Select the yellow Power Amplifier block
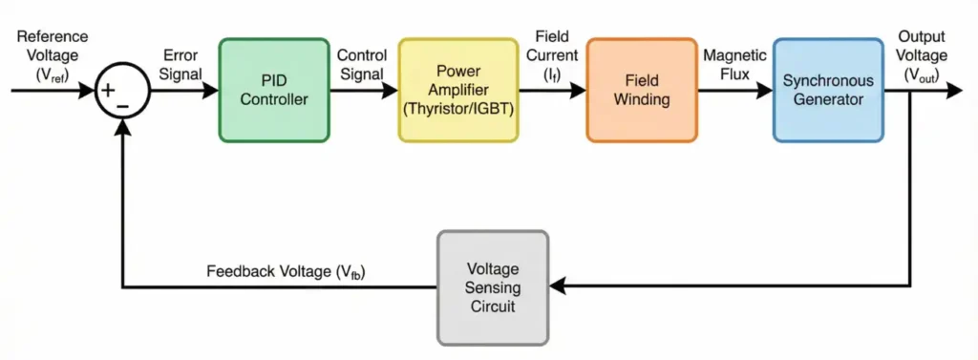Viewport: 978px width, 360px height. click(x=457, y=90)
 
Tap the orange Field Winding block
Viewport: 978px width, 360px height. click(x=641, y=90)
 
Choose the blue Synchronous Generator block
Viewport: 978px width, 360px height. click(x=827, y=90)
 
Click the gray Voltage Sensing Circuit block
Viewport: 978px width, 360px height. click(x=493, y=286)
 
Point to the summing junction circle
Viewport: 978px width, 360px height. click(x=121, y=92)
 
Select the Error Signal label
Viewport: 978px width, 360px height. click(x=181, y=65)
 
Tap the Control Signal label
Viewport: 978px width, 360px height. click(x=361, y=65)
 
